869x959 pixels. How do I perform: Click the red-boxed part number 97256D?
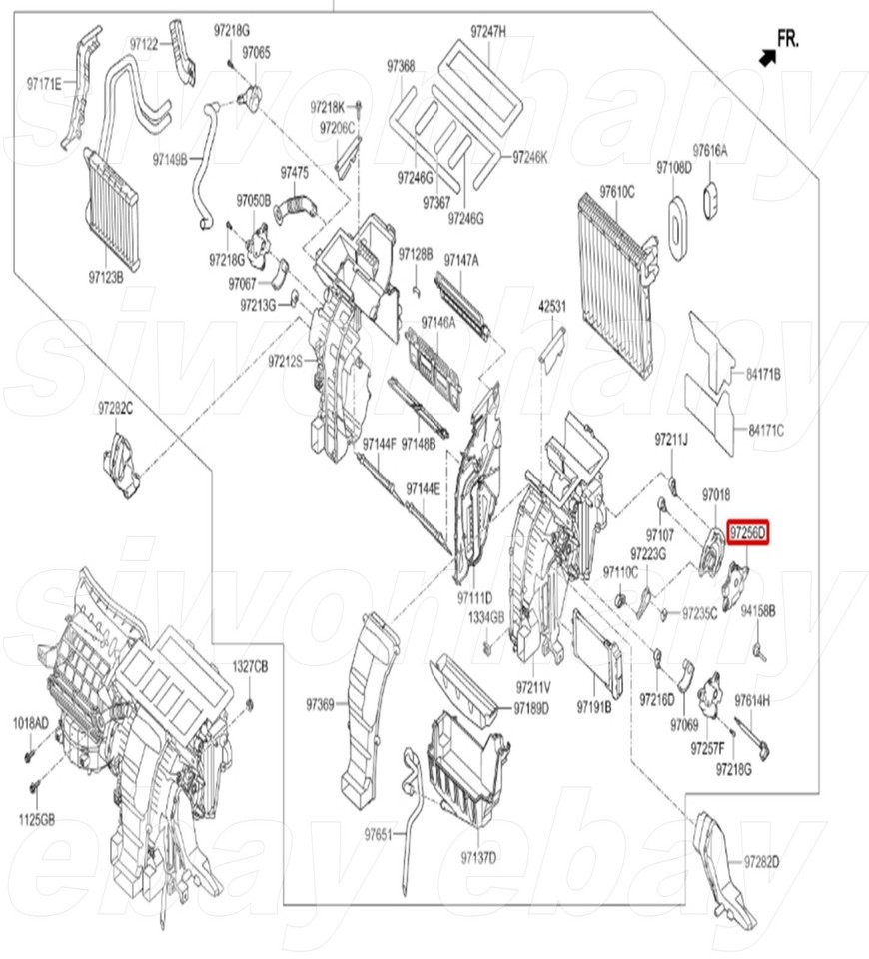coord(748,534)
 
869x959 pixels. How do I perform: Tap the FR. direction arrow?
coord(767,57)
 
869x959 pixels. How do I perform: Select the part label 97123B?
coord(106,276)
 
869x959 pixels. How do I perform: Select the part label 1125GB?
coord(34,820)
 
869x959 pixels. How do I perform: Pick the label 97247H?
coord(489,32)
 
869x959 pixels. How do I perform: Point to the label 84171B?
coord(764,374)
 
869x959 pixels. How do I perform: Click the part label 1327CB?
coord(251,666)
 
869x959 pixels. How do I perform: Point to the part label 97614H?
coord(752,700)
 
